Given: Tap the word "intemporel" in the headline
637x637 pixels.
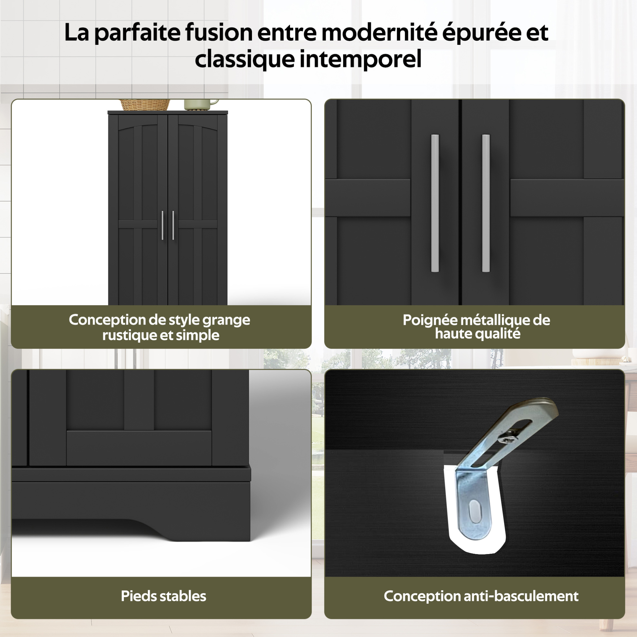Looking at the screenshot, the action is click(360, 59).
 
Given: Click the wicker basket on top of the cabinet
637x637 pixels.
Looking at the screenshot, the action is click(145, 105).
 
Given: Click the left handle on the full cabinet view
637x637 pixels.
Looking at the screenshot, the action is click(162, 226).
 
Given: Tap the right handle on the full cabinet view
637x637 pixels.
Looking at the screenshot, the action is click(173, 226).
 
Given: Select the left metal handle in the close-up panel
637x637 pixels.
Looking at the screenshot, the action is click(435, 203).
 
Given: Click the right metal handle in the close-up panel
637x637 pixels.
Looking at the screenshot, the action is click(486, 203).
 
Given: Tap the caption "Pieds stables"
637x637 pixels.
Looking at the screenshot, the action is click(164, 596).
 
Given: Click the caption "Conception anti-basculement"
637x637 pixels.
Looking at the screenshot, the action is click(481, 596).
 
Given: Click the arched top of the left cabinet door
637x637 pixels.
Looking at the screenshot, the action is click(138, 127).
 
